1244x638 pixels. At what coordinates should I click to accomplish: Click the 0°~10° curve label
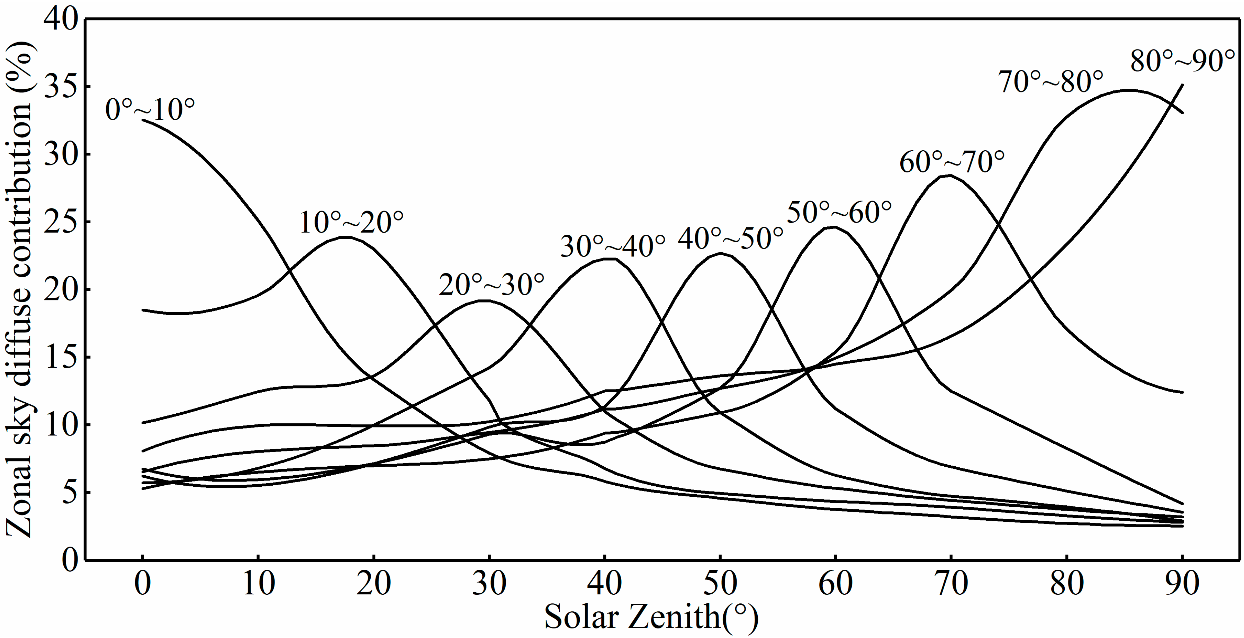(x=150, y=110)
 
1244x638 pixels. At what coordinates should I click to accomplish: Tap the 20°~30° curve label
(x=492, y=285)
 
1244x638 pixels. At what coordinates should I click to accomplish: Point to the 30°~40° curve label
(x=613, y=247)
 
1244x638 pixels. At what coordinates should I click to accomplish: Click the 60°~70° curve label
(x=952, y=162)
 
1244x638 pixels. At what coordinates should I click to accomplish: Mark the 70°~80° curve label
(x=1051, y=82)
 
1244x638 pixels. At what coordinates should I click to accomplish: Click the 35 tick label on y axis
(x=61, y=87)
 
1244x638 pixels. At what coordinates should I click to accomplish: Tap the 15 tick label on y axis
(x=61, y=357)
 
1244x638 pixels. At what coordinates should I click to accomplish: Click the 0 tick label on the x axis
(x=143, y=583)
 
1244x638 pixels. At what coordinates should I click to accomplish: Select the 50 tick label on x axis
(x=720, y=583)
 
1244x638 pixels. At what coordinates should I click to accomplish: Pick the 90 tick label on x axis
(x=1182, y=583)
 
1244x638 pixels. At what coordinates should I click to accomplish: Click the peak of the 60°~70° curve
(x=949, y=176)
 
